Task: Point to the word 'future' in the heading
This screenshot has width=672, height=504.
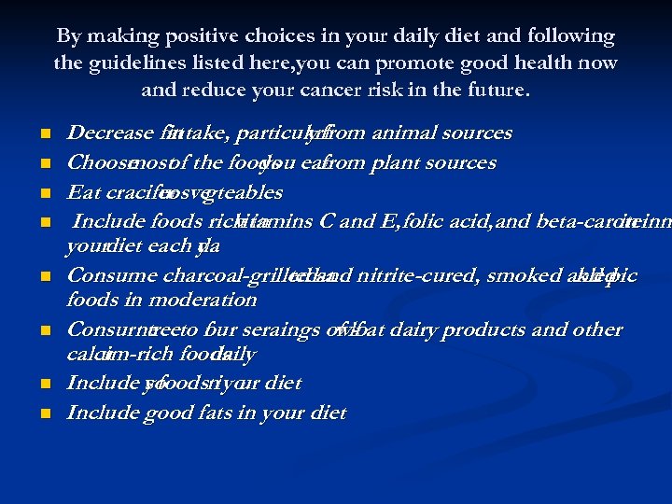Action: coord(497,91)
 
